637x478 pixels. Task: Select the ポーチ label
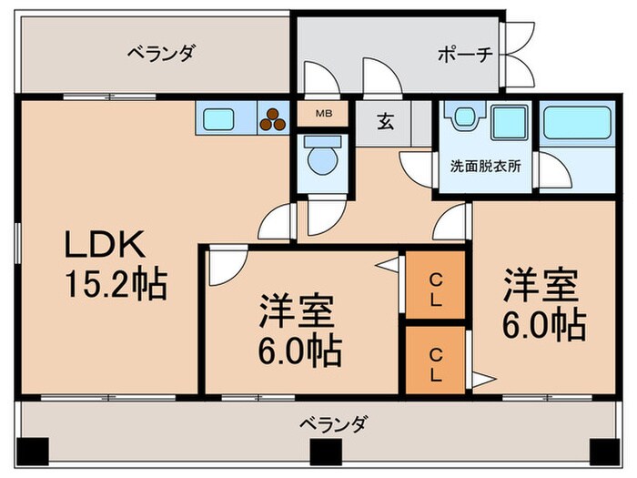click(466, 54)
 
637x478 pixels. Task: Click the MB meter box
click(323, 114)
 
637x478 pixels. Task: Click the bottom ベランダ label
click(333, 422)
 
